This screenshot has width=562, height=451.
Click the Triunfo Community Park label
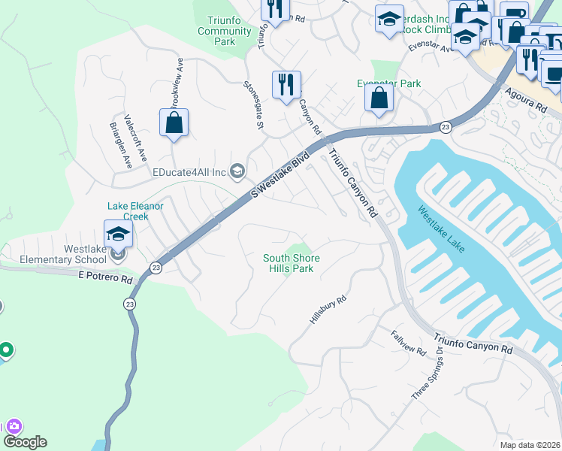pos(225,31)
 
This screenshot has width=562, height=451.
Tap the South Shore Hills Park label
pos(291,263)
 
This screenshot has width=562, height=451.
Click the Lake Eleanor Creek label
pos(135,210)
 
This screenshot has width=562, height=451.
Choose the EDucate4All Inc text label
pos(189,172)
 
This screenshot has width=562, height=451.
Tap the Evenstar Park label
pos(389,84)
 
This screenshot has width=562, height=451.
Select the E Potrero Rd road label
pos(105,277)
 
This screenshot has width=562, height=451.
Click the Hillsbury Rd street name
pos(328,310)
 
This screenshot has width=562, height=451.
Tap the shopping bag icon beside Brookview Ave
pos(174,123)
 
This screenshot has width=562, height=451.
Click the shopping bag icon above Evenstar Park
pos(379,98)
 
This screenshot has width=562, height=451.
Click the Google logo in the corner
pos(25,442)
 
